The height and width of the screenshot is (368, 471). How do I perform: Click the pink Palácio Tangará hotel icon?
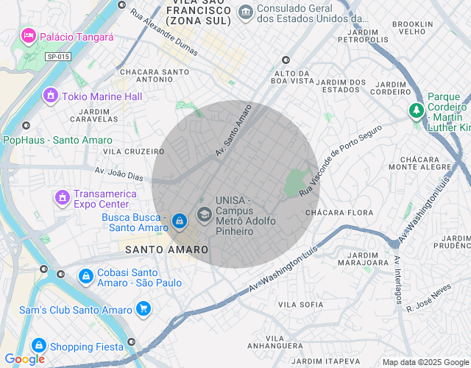click(x=29, y=35)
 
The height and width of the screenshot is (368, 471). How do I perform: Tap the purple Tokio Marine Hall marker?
click(x=51, y=96)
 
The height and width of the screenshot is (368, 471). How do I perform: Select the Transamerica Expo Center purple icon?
click(x=63, y=198)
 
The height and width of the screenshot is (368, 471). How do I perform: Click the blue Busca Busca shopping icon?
click(x=179, y=221)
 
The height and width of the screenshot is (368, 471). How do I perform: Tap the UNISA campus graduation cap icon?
click(x=204, y=216)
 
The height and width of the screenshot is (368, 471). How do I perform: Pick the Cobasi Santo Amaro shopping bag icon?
click(x=85, y=277)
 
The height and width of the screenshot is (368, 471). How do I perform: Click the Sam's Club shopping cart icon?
click(x=144, y=310)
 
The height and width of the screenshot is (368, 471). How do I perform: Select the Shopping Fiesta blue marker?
click(x=38, y=344)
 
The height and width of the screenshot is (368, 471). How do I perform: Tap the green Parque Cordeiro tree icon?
click(x=417, y=111)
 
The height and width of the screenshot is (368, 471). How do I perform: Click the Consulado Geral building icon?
click(x=245, y=11)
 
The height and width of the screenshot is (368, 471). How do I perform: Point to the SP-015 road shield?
click(x=57, y=57)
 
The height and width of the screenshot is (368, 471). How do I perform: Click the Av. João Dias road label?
click(x=120, y=174)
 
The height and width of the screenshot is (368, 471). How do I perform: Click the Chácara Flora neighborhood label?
click(x=339, y=212)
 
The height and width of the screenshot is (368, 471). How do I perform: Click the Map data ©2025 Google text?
click(x=425, y=362)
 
